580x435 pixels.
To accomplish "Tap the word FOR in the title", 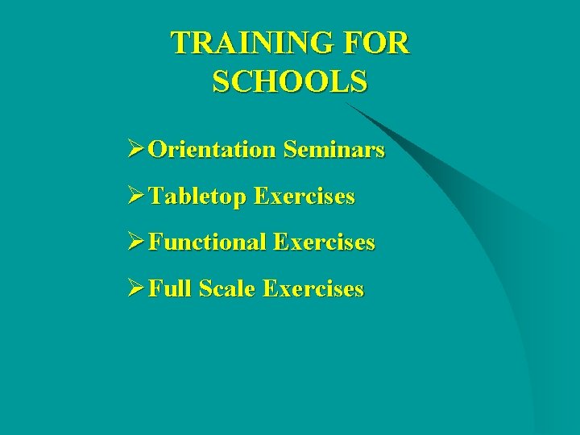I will click(x=378, y=43).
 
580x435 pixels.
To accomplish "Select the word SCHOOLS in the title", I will click(x=290, y=81).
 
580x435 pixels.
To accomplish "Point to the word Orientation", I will click(x=212, y=150).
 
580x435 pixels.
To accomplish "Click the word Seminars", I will click(x=333, y=150).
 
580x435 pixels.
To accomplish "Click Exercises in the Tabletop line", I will click(x=304, y=197).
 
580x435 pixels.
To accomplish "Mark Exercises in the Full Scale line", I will click(x=313, y=288).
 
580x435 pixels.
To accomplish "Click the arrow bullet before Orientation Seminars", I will click(x=135, y=150).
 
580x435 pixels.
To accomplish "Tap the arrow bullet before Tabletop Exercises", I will click(x=135, y=197).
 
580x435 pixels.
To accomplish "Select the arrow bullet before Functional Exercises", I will click(x=135, y=242).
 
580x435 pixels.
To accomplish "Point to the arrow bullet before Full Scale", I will click(x=135, y=288).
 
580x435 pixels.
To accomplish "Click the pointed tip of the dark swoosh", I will click(x=347, y=103).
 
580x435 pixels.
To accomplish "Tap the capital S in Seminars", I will click(x=290, y=150).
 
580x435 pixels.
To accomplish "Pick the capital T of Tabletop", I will click(x=156, y=197).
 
